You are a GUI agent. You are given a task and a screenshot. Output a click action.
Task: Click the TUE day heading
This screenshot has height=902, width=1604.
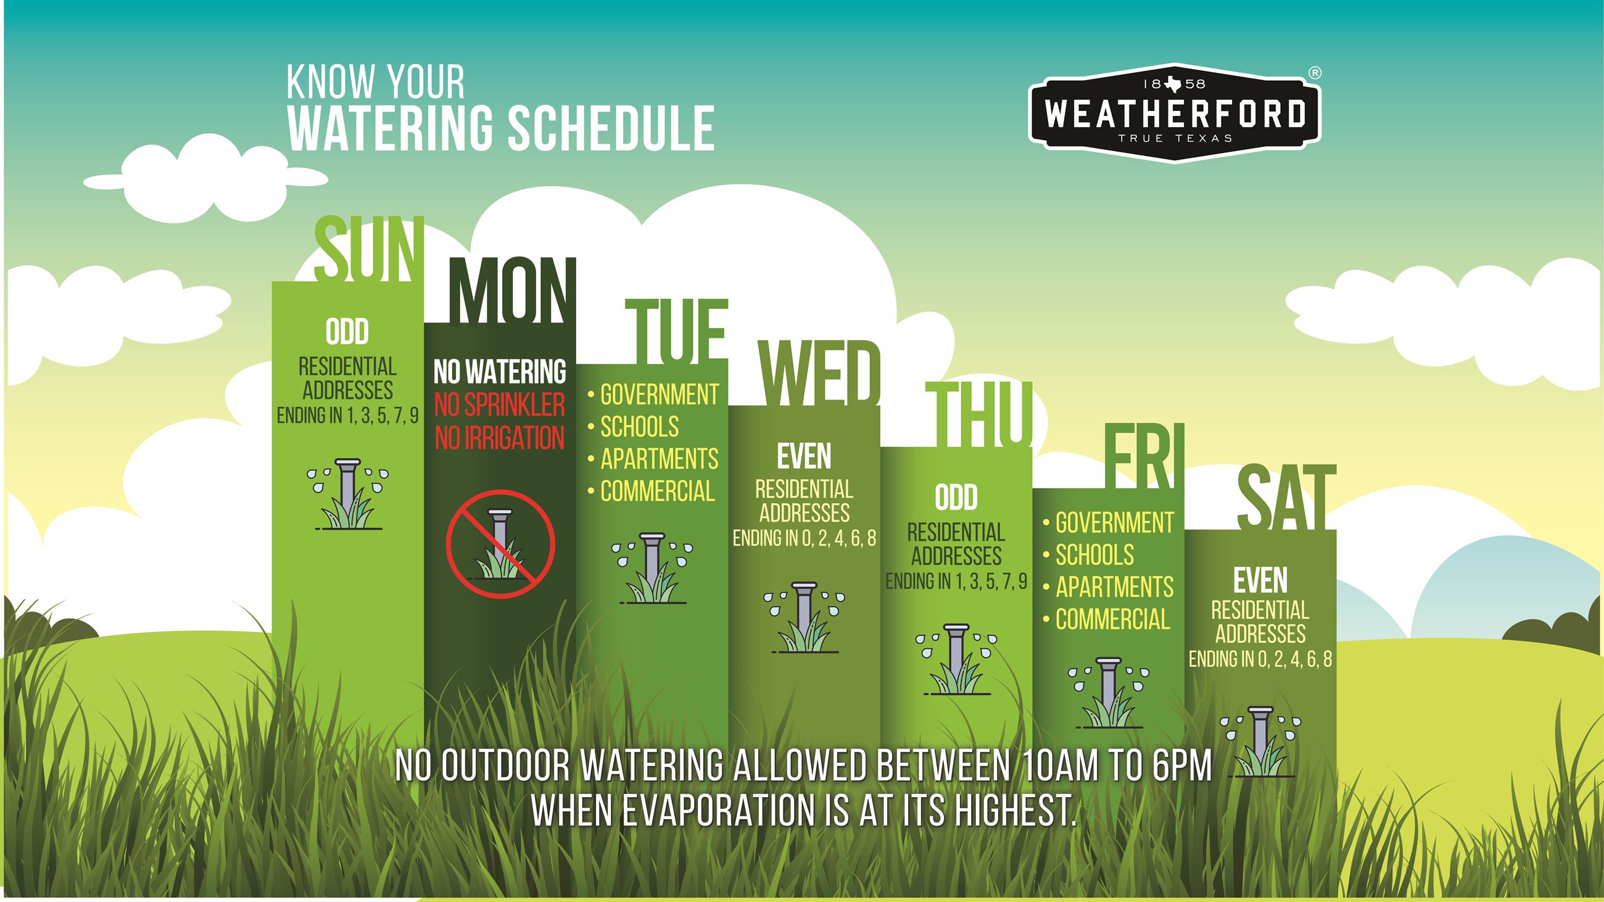point(676,332)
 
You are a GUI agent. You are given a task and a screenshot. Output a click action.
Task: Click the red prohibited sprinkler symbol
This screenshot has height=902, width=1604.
point(500,544)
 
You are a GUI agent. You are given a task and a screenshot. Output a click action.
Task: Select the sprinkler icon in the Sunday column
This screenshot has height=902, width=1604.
point(347,494)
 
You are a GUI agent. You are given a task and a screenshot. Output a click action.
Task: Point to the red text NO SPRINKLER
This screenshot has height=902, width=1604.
point(499,405)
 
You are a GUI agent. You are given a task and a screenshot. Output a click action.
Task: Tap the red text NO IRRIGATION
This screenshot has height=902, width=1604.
point(499,438)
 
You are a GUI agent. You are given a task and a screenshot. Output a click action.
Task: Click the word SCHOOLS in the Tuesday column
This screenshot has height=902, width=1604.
point(639,427)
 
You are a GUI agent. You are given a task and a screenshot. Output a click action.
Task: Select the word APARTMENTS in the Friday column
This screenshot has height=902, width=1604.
point(1114,587)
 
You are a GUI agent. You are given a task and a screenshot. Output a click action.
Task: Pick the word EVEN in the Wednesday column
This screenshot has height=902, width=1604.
point(804,457)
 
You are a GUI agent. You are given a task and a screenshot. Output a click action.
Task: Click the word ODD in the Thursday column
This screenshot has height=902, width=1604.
point(956,498)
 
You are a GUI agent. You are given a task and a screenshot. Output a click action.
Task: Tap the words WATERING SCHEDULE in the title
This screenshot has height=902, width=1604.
point(501,128)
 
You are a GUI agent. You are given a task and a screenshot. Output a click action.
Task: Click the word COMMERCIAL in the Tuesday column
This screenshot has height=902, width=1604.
point(657,492)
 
